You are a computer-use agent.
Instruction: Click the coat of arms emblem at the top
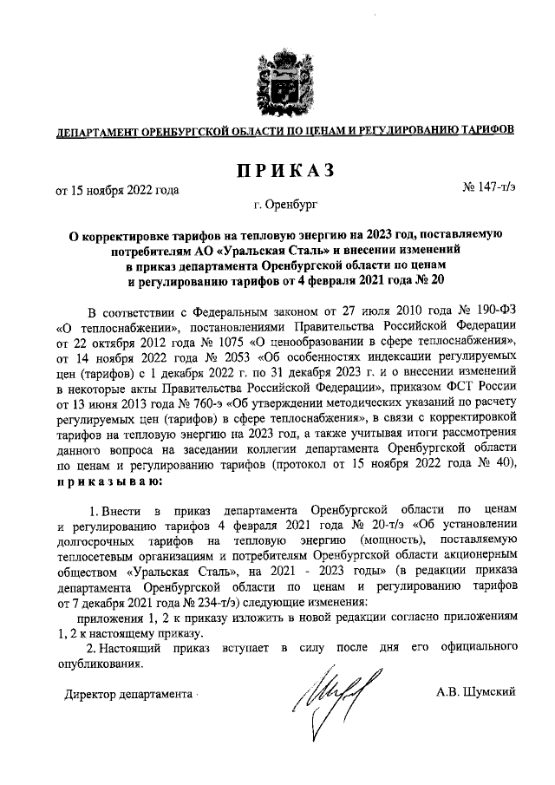(x=277, y=82)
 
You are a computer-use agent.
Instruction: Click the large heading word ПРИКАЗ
(x=277, y=171)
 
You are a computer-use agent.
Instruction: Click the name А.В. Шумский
(x=476, y=691)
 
